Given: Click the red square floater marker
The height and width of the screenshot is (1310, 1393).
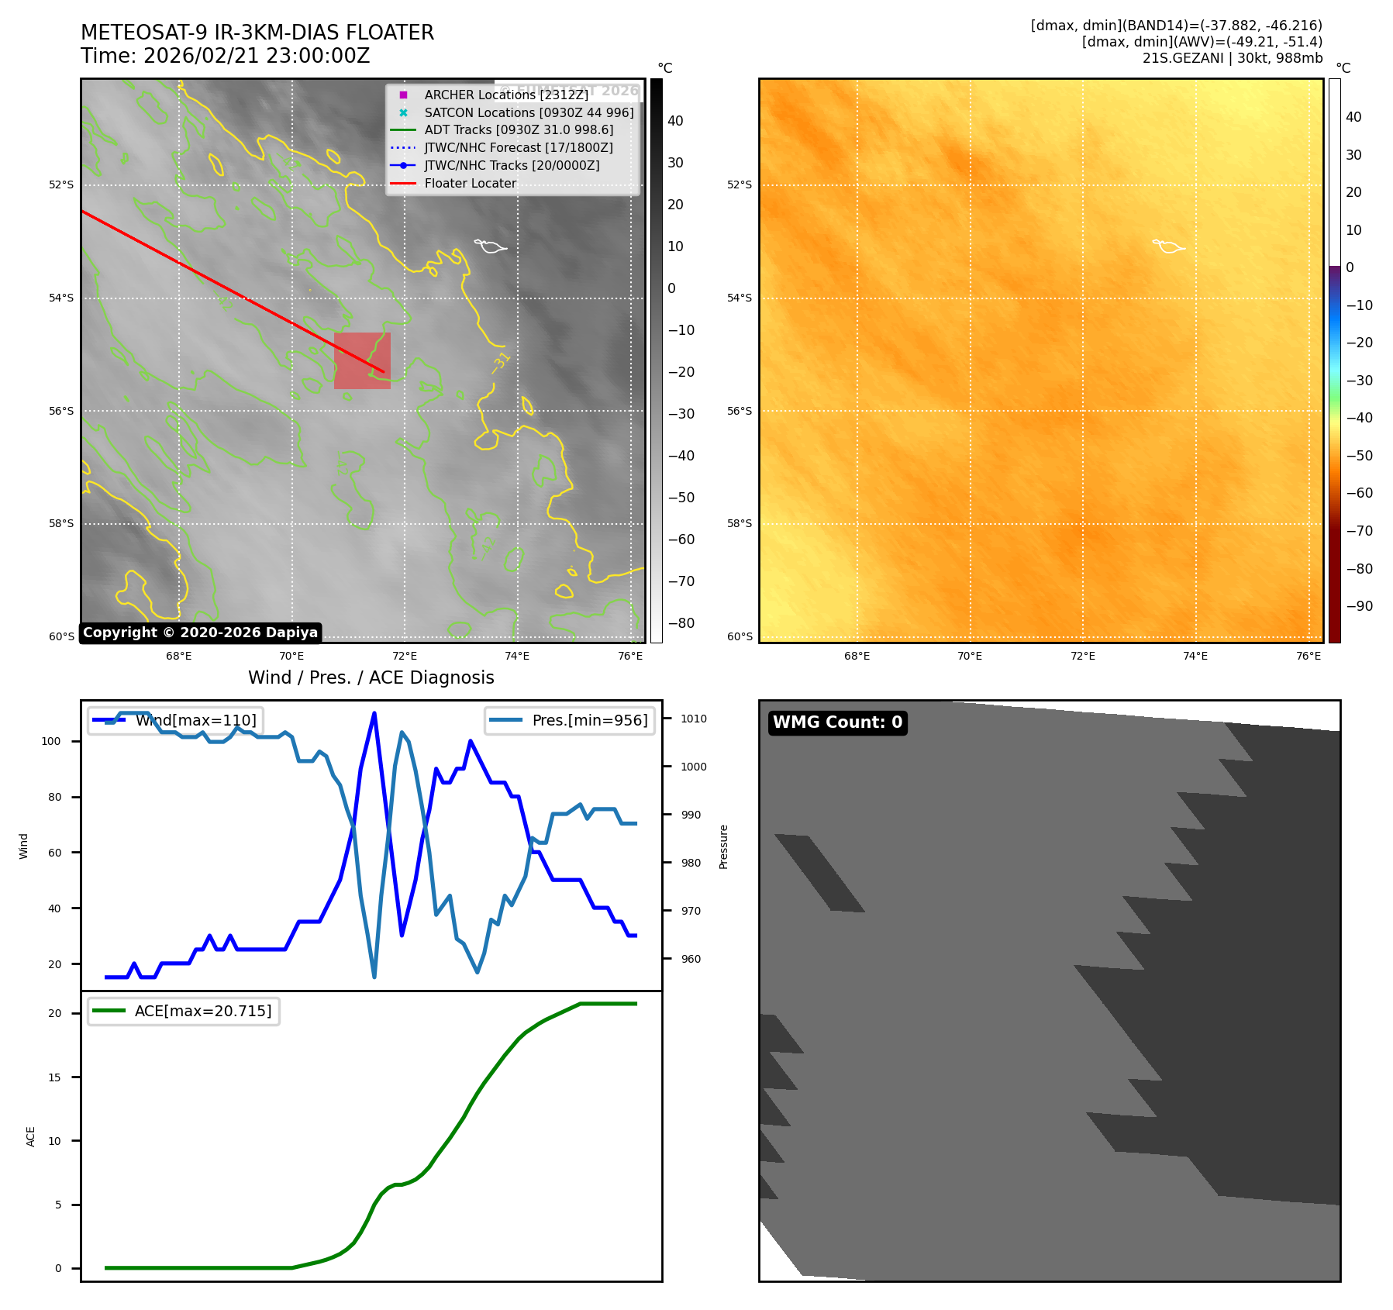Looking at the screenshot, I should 362,360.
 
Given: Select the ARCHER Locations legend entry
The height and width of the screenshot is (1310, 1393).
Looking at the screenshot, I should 505,95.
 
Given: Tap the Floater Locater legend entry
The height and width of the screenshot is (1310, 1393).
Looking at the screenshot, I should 470,184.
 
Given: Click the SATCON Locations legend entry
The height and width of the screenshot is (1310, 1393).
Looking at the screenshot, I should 529,112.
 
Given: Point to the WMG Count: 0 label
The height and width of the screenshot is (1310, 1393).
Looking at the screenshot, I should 837,722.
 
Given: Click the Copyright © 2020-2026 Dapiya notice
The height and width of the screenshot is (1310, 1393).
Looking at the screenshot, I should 200,633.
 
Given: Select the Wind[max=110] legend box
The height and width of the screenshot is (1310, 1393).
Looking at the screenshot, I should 175,720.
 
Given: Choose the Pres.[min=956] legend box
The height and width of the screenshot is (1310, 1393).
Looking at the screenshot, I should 570,720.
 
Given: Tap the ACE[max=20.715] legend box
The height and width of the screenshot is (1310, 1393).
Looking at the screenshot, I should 184,1011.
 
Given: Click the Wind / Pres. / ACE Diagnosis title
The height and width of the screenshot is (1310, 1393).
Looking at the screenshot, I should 371,677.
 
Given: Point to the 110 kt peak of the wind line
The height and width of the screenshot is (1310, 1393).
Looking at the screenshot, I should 374,713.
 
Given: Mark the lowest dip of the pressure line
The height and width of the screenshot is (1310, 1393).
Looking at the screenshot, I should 374,977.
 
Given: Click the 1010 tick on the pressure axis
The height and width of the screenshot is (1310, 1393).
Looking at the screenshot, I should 693,719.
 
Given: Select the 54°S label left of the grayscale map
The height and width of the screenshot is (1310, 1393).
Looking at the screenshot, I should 61,298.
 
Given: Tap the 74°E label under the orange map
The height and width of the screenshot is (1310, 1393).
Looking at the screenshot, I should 1195,656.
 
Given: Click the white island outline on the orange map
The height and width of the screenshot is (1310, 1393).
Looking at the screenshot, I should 1168,246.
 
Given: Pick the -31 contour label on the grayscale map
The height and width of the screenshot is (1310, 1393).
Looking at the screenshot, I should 501,362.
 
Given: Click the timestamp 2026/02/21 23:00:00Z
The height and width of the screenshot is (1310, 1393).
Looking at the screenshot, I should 257,57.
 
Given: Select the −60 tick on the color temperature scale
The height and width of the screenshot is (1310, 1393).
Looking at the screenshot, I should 1359,493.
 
